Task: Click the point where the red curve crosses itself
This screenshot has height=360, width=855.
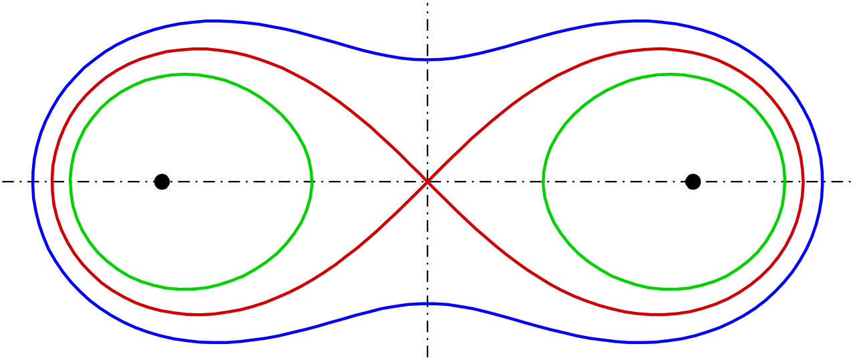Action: (427, 181)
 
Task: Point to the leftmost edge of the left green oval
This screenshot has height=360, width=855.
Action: (70, 180)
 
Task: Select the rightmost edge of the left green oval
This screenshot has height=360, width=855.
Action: (312, 182)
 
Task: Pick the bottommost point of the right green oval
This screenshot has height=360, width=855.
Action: (670, 289)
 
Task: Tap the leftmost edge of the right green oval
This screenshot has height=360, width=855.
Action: (544, 180)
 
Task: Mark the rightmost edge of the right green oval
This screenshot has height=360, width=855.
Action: (785, 181)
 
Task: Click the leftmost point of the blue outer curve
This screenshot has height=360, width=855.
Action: (33, 181)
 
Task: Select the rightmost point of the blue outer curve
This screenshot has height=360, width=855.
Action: (822, 180)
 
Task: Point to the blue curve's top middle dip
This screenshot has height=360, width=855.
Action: (426, 59)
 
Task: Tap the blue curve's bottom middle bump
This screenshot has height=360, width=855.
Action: (426, 303)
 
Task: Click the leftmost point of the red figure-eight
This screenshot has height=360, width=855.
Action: (52, 180)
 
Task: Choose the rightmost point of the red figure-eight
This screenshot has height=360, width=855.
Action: (804, 181)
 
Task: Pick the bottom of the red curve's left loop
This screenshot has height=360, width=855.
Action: (196, 314)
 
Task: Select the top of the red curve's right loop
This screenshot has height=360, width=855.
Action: (659, 49)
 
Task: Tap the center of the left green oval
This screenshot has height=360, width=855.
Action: (191, 182)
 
